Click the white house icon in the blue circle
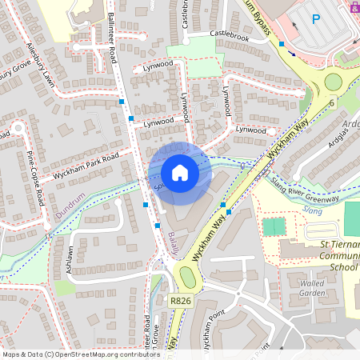(x=180, y=172)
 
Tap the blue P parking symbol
(x=315, y=19)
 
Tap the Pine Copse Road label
(x=34, y=178)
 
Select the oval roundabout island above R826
(x=188, y=278)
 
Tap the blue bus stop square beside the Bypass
(x=282, y=43)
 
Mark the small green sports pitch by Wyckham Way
(x=274, y=226)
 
